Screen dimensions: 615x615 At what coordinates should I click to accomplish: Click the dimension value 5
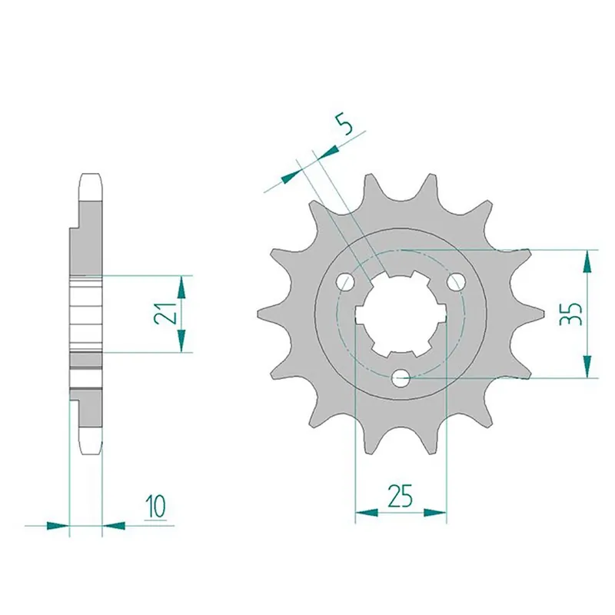[344, 125]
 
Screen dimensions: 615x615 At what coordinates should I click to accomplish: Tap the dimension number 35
[570, 314]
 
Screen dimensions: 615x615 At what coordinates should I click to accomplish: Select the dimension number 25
[400, 495]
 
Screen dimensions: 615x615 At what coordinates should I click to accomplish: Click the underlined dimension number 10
[156, 507]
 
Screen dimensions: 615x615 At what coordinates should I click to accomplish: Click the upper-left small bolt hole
[345, 281]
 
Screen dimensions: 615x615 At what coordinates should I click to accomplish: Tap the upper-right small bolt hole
[457, 281]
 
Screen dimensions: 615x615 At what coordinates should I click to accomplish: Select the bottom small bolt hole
[401, 378]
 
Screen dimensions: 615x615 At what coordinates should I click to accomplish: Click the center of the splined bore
[401, 314]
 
